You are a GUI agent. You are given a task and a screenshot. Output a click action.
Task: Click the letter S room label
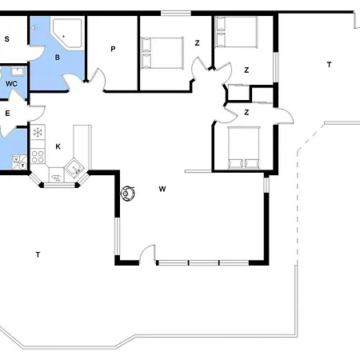click(7, 39)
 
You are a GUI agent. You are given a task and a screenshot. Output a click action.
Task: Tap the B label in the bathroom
click(57, 58)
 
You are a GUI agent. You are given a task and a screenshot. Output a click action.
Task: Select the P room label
click(113, 49)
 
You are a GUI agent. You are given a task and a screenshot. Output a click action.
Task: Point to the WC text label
click(11, 84)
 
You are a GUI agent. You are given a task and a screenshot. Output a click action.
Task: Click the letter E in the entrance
click(7, 114)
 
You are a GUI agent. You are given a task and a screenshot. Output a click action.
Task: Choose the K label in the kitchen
click(58, 146)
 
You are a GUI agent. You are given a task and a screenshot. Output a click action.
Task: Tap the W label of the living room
click(162, 189)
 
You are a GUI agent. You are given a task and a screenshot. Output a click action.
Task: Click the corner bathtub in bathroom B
click(67, 33)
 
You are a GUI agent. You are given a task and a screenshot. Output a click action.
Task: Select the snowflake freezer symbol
click(38, 132)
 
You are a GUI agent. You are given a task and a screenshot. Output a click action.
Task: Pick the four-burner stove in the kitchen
click(38, 157)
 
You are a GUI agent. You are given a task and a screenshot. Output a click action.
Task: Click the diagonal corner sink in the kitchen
click(75, 168)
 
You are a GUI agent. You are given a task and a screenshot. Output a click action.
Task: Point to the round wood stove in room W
click(128, 194)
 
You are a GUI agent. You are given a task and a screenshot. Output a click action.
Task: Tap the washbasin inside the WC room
click(18, 71)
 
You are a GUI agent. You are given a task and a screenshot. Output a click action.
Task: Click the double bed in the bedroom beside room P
click(162, 53)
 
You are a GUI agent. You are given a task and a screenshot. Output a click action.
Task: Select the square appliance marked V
click(17, 159)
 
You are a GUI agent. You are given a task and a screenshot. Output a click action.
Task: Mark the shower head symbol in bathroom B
click(34, 27)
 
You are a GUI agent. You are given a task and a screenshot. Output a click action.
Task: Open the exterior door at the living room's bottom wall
click(147, 254)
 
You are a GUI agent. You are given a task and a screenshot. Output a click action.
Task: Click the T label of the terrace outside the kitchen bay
click(38, 255)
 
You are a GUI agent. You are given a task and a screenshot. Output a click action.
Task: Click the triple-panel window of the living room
click(203, 263)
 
